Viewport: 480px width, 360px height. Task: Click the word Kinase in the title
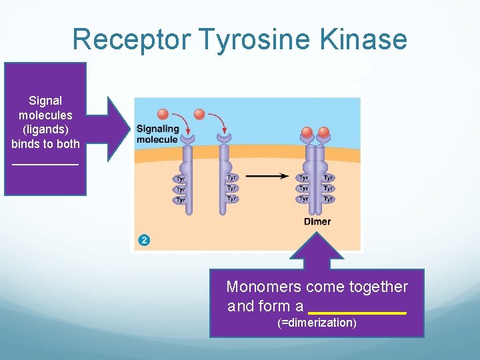[x=363, y=40]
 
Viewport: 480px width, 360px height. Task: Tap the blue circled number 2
[x=144, y=240]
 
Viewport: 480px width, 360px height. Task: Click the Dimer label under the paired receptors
[x=317, y=222]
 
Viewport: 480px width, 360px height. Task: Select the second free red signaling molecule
[x=199, y=114]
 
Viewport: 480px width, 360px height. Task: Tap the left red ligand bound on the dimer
[x=307, y=131]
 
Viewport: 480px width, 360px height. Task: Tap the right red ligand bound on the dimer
[x=324, y=131]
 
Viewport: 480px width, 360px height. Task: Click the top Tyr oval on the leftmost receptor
[x=180, y=179]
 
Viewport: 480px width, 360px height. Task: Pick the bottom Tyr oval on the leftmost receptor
[x=180, y=200]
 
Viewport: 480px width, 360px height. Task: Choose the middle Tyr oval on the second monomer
[x=231, y=189]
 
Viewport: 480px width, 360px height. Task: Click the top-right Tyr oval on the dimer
[x=328, y=178]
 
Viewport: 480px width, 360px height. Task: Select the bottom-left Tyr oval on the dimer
[x=303, y=199]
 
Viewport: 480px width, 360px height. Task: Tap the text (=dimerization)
[x=317, y=323]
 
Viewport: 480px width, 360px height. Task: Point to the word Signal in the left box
[x=45, y=101]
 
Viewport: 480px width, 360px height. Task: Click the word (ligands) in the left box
[x=45, y=129]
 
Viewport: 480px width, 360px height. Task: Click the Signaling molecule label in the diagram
[x=157, y=134]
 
